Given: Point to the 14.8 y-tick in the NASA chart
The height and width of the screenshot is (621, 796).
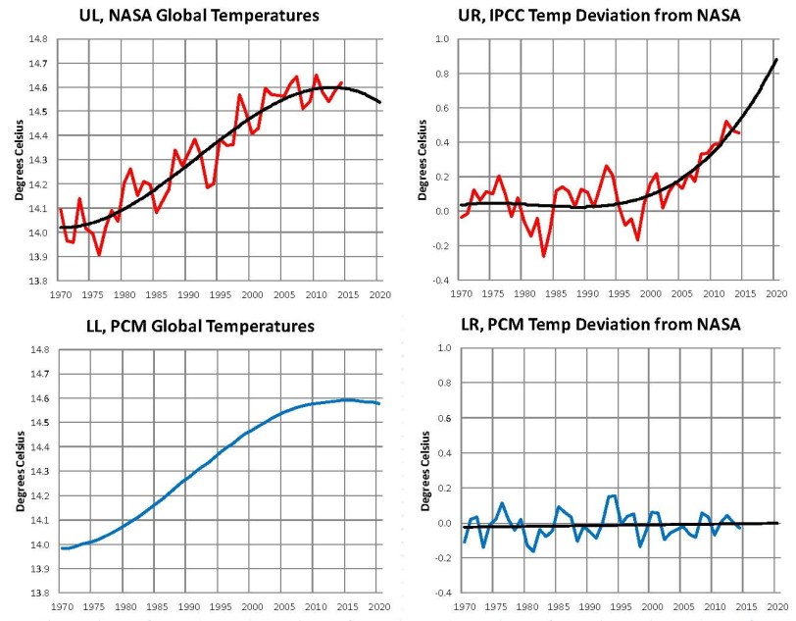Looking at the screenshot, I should pyautogui.click(x=35, y=40).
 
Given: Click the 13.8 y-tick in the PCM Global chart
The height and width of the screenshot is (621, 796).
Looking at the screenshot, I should pyautogui.click(x=35, y=594).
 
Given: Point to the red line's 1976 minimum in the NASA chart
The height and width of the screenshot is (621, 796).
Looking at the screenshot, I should pyautogui.click(x=99, y=255).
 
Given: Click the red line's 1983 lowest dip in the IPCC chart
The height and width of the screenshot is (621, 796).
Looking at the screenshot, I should pyautogui.click(x=543, y=256).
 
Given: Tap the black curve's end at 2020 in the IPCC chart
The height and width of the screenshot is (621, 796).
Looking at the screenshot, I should pyautogui.click(x=777, y=60).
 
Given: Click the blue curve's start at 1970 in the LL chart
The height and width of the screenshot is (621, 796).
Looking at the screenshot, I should pyautogui.click(x=61, y=548).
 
